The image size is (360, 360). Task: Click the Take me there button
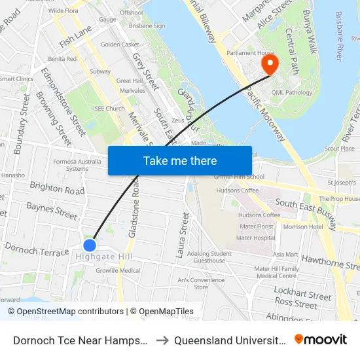(x=179, y=160)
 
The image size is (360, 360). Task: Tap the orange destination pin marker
(x=269, y=64)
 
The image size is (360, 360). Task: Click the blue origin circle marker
(x=90, y=245)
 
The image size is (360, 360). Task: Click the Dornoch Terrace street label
(x=37, y=249)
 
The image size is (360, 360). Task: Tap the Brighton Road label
(x=57, y=189)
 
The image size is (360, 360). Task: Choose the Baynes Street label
(x=52, y=210)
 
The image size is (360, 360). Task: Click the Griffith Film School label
(x=238, y=177)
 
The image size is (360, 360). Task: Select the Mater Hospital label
(x=257, y=238)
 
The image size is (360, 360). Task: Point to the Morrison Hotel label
(x=303, y=226)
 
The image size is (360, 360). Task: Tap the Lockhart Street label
(x=302, y=292)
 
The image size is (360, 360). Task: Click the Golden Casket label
(x=120, y=45)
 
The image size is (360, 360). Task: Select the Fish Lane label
(x=75, y=37)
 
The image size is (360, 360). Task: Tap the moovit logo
(x=321, y=339)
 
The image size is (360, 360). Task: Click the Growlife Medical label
(x=118, y=270)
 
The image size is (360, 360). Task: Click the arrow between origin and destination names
(x=160, y=340)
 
